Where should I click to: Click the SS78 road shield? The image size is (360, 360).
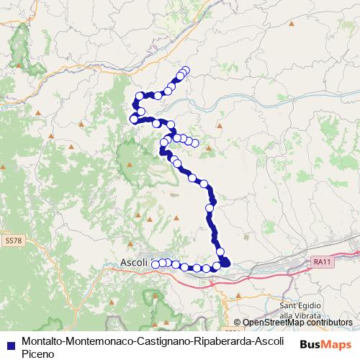pos(12,238)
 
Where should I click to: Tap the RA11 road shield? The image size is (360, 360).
pos(320,263)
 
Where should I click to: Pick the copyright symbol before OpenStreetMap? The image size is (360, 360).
pos(238,323)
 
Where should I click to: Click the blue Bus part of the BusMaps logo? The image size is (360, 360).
pos(310,345)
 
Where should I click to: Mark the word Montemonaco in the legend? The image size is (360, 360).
pos(96,340)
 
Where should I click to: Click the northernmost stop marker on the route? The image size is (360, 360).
pos(186,70)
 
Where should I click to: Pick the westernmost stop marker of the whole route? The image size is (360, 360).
pos(133,119)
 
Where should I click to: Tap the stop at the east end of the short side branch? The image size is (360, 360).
pos(194,143)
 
